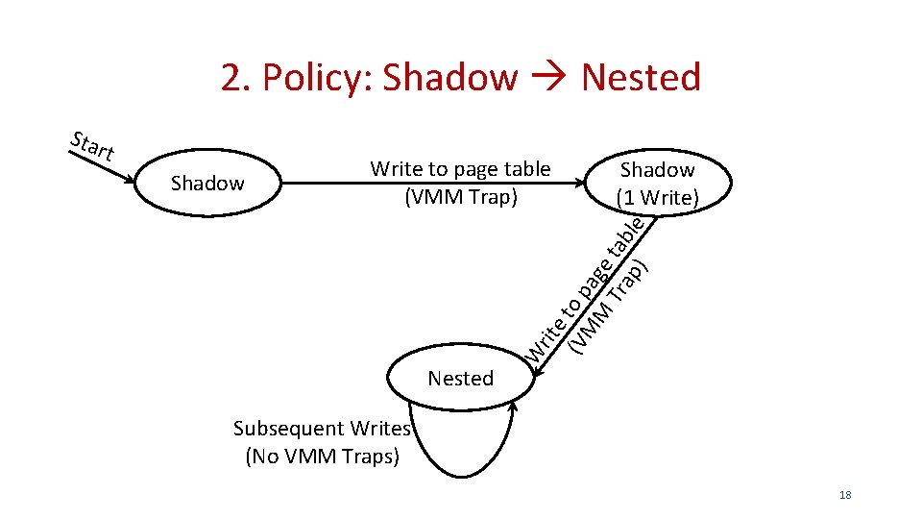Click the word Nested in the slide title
[x=641, y=77]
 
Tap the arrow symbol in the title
[x=550, y=78]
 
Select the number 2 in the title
[x=231, y=77]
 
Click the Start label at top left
[x=92, y=145]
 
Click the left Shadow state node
[x=206, y=183]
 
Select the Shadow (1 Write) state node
[x=657, y=183]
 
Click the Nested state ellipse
[x=460, y=378]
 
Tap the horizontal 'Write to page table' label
[x=460, y=169]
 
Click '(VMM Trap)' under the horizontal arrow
[x=460, y=197]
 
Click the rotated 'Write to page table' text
[x=581, y=293]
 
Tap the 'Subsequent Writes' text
[x=322, y=429]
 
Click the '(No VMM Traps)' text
[x=322, y=457]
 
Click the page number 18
[x=845, y=495]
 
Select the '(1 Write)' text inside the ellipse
[x=657, y=198]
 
